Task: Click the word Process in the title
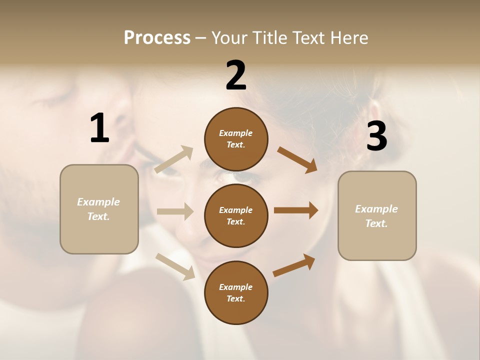pos(157,37)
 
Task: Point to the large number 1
pos(99,128)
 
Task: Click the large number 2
pos(236,75)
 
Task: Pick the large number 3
pos(376,136)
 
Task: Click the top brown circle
pos(236,139)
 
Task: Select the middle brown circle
pos(236,215)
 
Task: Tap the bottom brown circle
pos(236,292)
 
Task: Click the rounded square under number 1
pos(99,209)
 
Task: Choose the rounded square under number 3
pos(377,215)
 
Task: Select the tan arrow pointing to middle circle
pos(175,211)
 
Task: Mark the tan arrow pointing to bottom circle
pos(175,266)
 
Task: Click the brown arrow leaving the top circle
pos(297,159)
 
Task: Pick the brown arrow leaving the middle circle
pos(296,210)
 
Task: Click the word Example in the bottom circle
pos(236,287)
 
